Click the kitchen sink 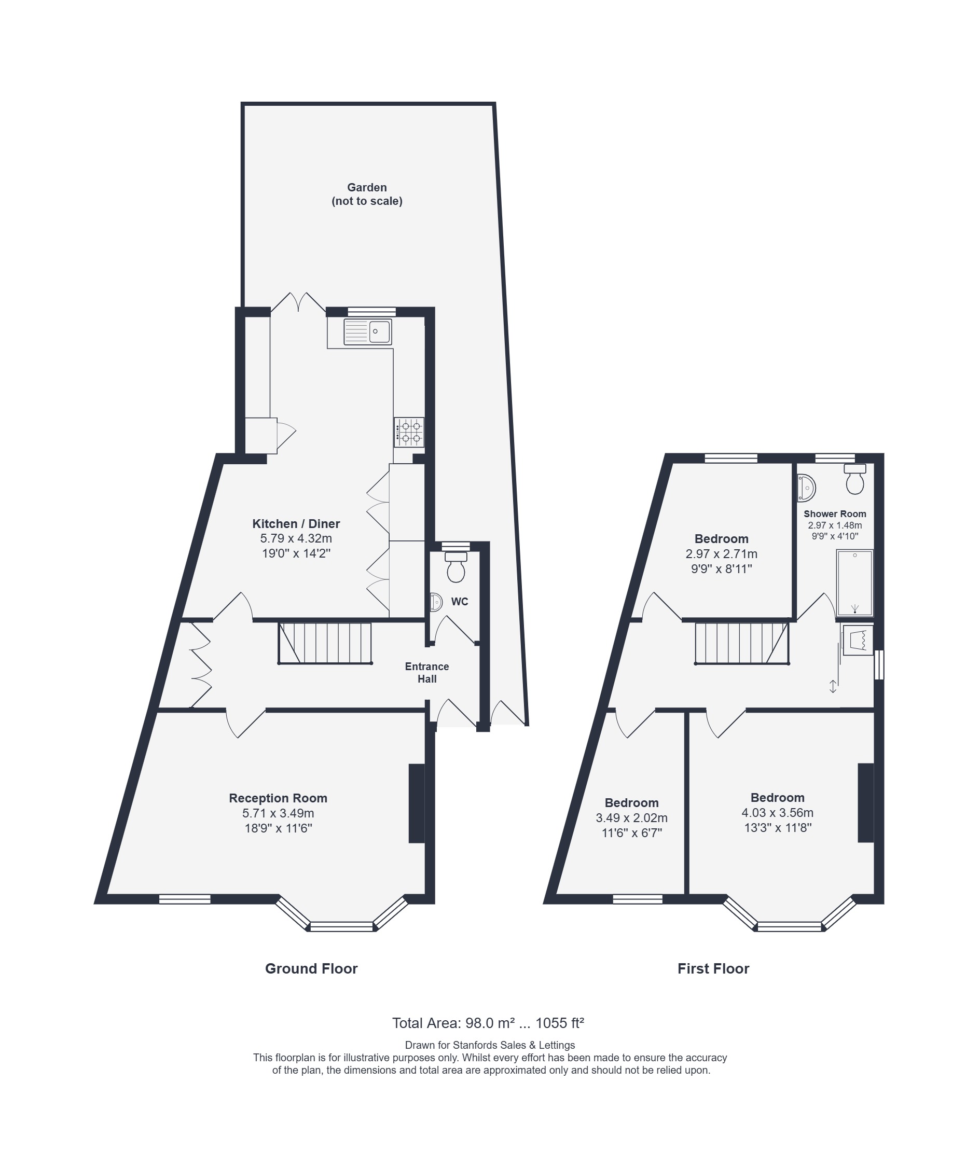pos(367,331)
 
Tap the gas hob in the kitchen pos(409,432)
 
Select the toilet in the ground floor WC pos(456,566)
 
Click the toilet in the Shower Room pos(855,479)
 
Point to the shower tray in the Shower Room pos(855,582)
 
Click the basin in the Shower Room pos(806,488)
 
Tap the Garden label pos(367,187)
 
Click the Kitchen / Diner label pos(296,524)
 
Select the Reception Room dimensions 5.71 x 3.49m pos(279,813)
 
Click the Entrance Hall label pos(426,673)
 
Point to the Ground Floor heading pos(311,969)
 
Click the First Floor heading pos(713,969)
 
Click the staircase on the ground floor pos(325,643)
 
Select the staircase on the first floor pos(742,643)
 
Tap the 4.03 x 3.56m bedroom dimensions pos(777,813)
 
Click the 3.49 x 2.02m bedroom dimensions pos(632,817)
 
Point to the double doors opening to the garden pos(298,303)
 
